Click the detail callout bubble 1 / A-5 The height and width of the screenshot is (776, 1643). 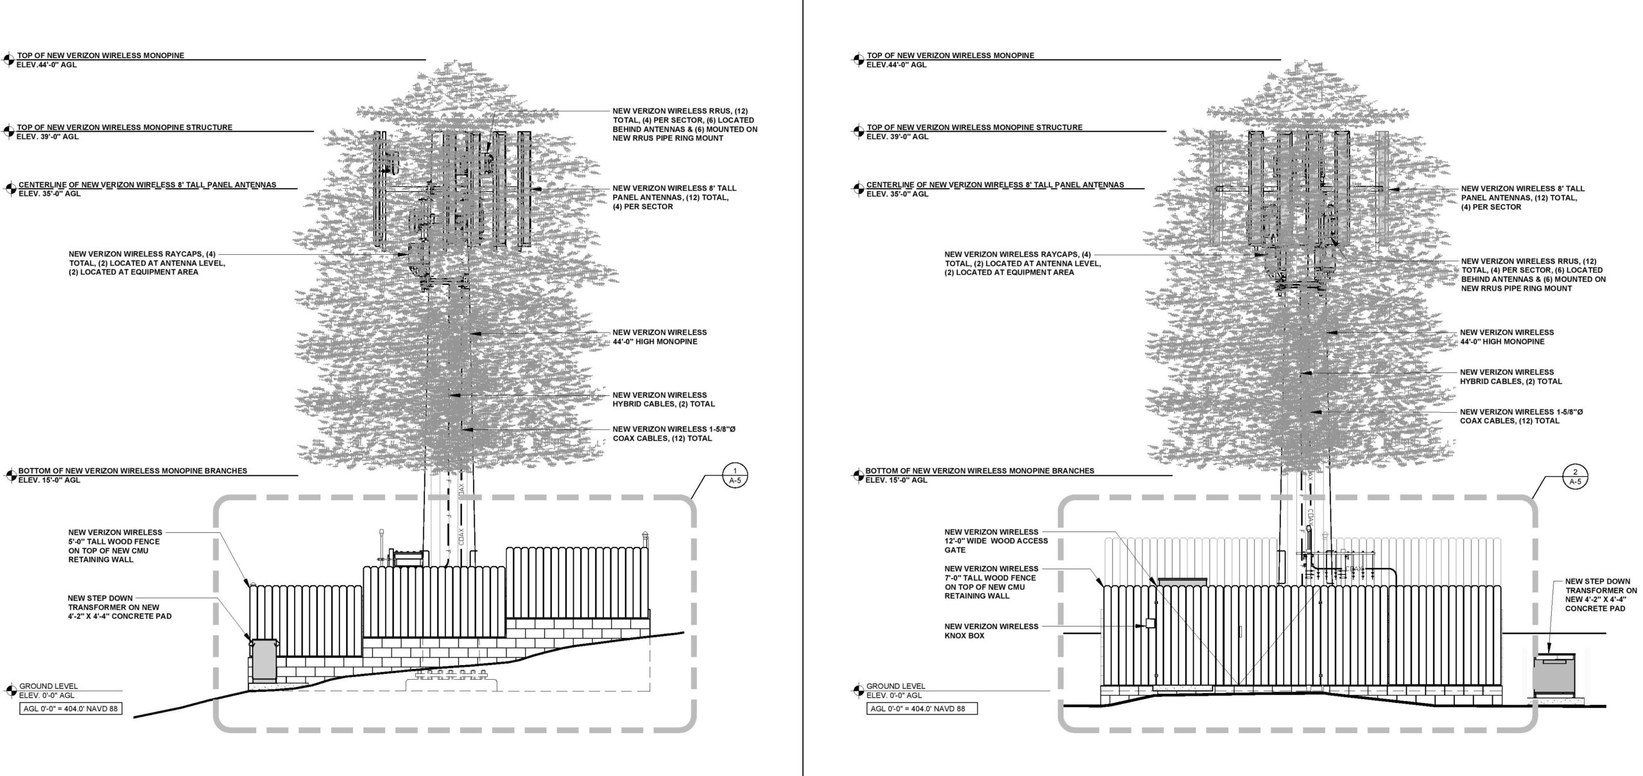tap(735, 476)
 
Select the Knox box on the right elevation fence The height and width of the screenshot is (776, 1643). tap(1150, 623)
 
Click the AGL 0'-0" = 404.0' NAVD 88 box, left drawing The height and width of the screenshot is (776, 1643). tap(71, 709)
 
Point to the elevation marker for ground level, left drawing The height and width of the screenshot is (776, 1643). tap(10, 691)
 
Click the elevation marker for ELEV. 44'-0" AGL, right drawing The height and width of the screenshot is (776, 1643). tap(857, 60)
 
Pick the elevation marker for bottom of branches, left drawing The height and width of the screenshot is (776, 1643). tap(10, 476)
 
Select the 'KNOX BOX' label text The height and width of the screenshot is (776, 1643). tap(992, 631)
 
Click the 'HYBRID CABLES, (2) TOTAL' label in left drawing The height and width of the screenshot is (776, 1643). tap(664, 399)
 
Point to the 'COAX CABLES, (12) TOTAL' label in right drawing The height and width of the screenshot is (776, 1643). tap(1522, 417)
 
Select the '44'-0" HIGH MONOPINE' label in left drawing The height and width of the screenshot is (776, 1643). tap(660, 337)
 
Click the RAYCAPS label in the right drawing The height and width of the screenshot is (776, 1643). tap(1022, 263)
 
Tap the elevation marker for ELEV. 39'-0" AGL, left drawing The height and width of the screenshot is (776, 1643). tap(10, 132)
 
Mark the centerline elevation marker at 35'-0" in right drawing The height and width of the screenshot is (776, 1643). tap(857, 189)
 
